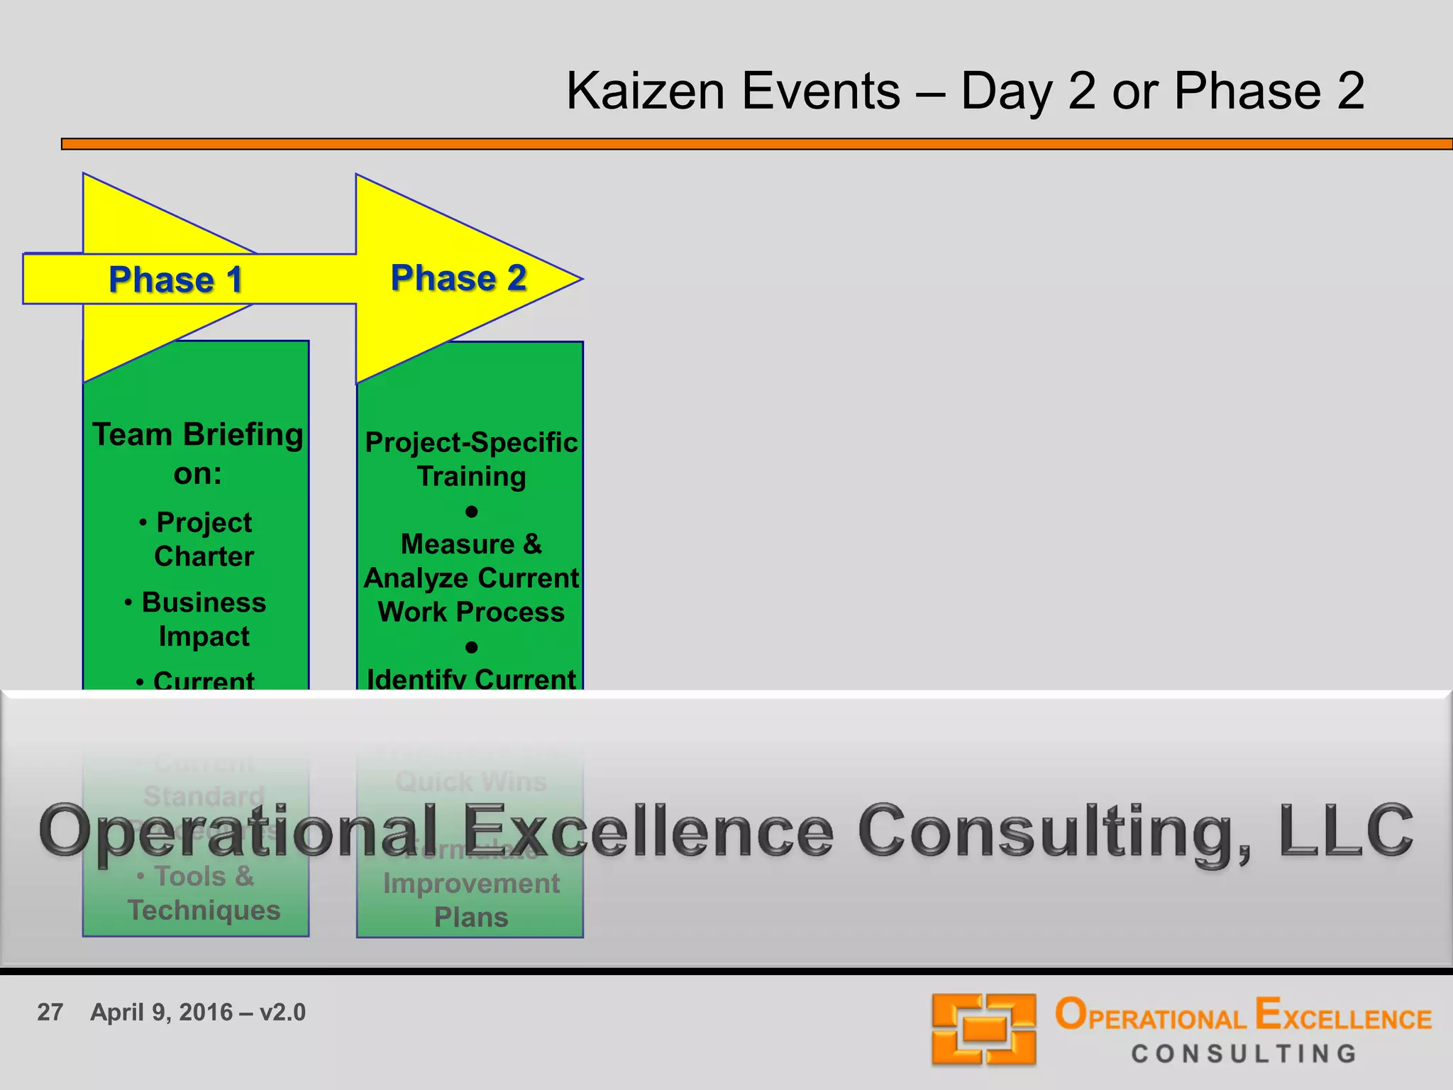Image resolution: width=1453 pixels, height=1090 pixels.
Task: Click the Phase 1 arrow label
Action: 175,280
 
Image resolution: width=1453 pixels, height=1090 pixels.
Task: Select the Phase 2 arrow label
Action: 458,277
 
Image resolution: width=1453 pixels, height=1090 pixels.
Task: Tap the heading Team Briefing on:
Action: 198,453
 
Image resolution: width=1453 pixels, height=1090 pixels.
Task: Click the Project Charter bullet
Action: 204,539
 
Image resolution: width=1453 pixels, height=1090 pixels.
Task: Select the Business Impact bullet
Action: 204,619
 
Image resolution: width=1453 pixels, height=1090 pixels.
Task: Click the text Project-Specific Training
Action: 471,459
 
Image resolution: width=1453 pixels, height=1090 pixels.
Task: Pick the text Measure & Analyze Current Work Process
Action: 471,578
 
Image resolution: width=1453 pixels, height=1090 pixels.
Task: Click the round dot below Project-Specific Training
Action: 471,512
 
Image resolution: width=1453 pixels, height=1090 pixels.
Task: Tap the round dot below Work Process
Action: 471,647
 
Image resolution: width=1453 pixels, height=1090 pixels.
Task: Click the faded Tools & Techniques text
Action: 204,893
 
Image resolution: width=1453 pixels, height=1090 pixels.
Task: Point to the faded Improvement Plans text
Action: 471,900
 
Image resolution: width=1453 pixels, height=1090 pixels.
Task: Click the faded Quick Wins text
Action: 471,781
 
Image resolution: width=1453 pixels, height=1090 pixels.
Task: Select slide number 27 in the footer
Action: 50,1012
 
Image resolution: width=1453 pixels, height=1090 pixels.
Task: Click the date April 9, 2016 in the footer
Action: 161,1012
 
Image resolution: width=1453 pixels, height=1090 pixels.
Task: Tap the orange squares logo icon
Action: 983,1029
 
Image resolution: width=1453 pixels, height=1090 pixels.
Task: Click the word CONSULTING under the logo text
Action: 1244,1054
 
